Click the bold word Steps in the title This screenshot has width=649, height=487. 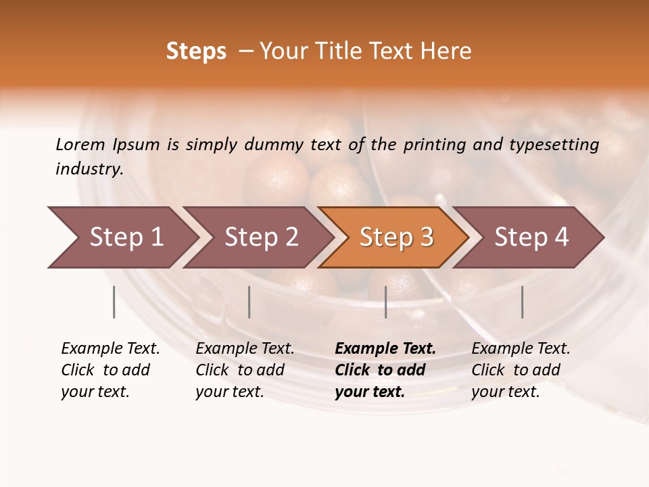click(196, 51)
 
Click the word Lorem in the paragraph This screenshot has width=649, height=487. click(80, 144)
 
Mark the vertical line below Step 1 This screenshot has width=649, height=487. click(114, 302)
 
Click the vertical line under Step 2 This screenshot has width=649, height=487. click(249, 302)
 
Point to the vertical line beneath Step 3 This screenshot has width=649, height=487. click(386, 302)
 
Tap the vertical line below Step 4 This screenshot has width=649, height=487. click(523, 302)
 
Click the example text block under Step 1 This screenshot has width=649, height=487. click(110, 370)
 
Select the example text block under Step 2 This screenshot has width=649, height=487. click(245, 370)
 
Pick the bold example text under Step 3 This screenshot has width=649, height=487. click(385, 370)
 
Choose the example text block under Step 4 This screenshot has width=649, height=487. click(521, 370)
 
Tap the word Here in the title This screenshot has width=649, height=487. click(449, 51)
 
